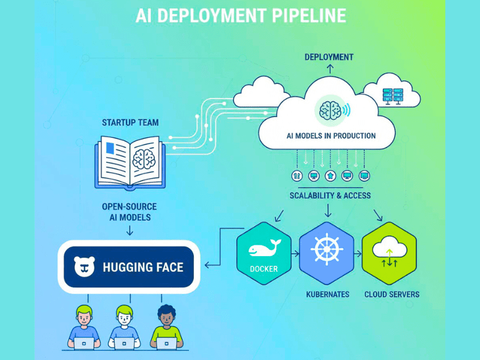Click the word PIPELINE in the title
301,16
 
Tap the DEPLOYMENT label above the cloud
329,57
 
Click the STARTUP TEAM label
130,122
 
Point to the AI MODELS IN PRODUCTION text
331,136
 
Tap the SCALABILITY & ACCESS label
330,196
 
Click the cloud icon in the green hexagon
389,249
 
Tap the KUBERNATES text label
328,295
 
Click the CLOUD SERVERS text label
392,295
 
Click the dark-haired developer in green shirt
167,324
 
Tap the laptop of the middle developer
125,343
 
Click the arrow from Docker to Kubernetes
296,254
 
